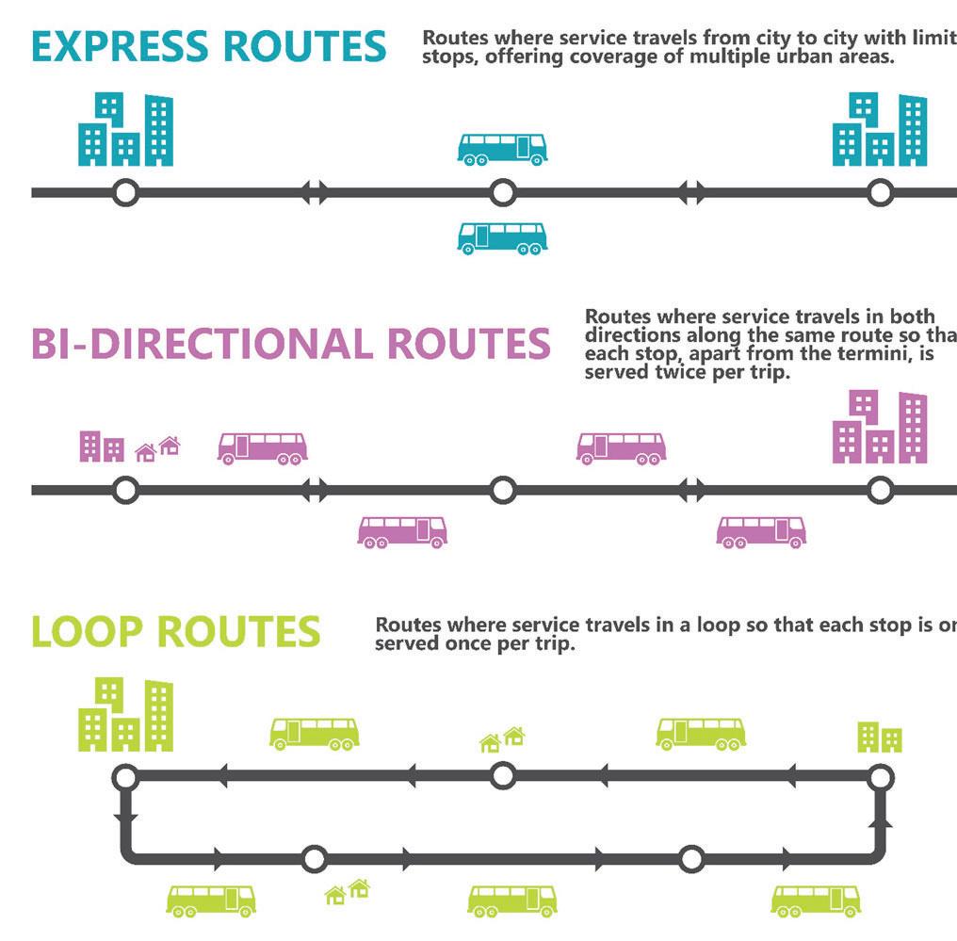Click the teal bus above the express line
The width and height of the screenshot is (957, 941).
pos(502,149)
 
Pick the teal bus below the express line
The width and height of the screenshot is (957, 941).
pos(502,237)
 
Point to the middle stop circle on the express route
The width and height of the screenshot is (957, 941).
pos(503,193)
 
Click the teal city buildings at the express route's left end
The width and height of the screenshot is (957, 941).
pos(125,130)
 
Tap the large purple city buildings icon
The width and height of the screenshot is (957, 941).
pos(880,428)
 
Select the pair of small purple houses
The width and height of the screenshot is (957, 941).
pos(158,448)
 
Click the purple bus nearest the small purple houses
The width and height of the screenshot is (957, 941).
pos(262,448)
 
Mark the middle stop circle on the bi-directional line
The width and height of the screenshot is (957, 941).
pos(503,490)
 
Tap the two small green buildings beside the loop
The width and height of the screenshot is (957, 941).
pos(880,737)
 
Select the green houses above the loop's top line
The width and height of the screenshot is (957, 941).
pos(502,739)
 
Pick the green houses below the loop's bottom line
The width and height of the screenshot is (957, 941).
pos(347,890)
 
